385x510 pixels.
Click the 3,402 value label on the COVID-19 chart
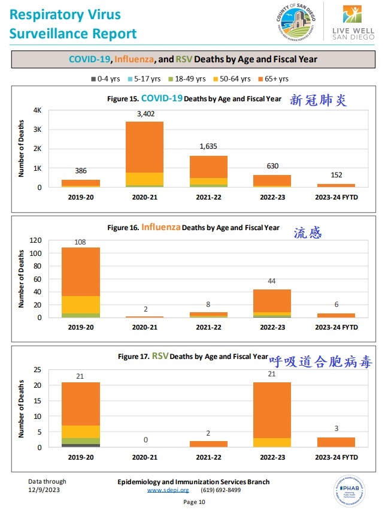click(x=144, y=114)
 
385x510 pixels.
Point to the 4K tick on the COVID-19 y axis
click(x=37, y=110)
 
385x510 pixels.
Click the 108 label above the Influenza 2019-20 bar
click(x=81, y=242)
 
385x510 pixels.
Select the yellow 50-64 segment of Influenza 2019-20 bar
click(x=81, y=304)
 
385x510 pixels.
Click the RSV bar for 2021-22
click(x=208, y=444)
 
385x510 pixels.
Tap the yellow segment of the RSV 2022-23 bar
click(x=272, y=442)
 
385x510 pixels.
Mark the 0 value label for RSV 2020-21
click(x=144, y=440)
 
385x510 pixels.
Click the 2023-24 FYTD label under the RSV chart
click(x=336, y=456)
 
